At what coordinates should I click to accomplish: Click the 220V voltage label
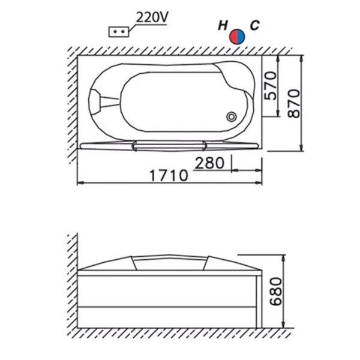pyautogui.click(x=152, y=17)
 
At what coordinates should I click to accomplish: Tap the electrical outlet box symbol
pyautogui.click(x=118, y=32)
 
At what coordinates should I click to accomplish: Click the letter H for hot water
pyautogui.click(x=223, y=25)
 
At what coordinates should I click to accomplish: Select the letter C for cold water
pyautogui.click(x=255, y=25)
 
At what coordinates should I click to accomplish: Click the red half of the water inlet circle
pyautogui.click(x=234, y=37)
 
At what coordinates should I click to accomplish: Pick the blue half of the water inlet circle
pyautogui.click(x=241, y=37)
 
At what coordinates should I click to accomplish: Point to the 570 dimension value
pyautogui.click(x=270, y=86)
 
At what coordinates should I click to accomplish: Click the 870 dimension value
pyautogui.click(x=293, y=104)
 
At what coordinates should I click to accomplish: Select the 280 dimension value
pyautogui.click(x=209, y=163)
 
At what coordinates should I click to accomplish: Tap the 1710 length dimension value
pyautogui.click(x=169, y=176)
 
